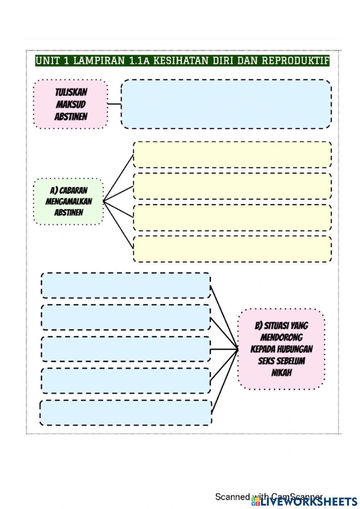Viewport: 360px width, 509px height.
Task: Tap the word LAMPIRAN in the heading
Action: (99, 61)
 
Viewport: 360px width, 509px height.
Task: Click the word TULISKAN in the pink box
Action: (71, 92)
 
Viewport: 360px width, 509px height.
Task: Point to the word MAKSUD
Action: (71, 104)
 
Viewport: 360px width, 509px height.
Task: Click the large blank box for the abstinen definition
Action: (226, 104)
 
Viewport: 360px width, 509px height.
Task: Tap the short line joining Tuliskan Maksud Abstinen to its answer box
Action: (114, 104)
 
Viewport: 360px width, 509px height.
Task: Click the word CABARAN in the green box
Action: (73, 191)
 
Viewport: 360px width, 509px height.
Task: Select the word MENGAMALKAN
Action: (69, 201)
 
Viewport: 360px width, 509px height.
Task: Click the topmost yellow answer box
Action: (232, 155)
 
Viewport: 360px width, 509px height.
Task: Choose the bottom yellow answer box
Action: (232, 249)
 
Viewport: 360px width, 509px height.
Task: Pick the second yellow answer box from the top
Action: (232, 186)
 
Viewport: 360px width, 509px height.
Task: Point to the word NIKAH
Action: (282, 373)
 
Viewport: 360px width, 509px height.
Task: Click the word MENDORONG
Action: (282, 338)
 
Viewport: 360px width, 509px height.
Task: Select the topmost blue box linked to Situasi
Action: (126, 285)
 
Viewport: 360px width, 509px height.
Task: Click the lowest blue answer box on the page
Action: (126, 413)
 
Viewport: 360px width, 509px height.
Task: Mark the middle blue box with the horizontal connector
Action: (126, 349)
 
